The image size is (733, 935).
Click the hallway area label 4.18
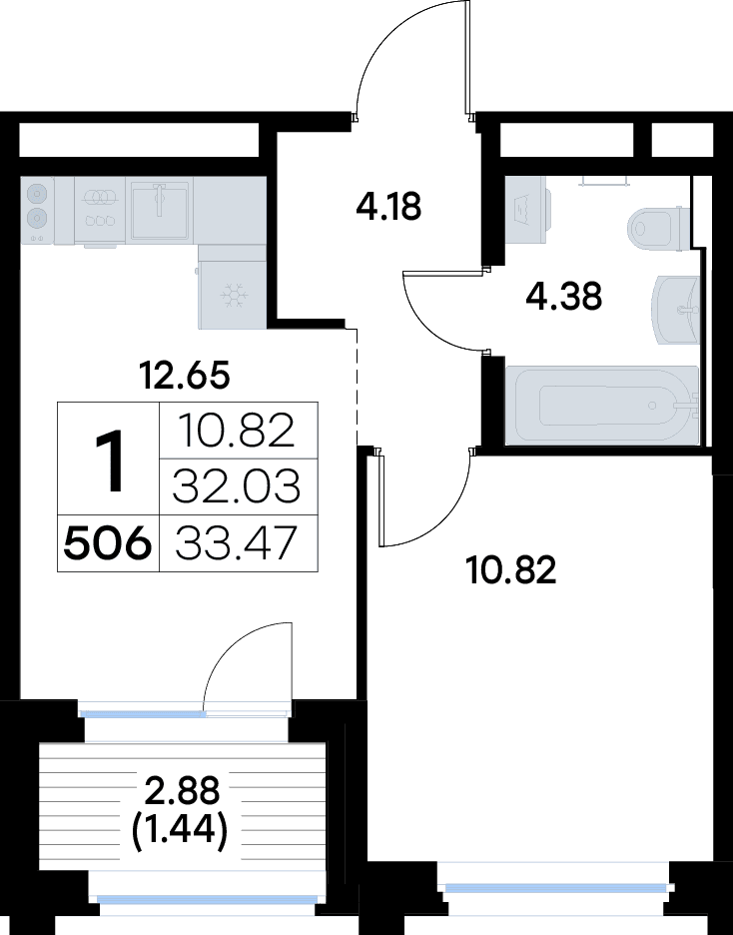coord(389,208)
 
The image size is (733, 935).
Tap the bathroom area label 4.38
coord(565,297)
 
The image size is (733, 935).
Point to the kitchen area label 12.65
coord(185,377)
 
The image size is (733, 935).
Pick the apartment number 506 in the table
coord(108,544)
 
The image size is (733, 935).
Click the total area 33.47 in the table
coord(236,544)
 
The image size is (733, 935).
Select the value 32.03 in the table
coord(237,487)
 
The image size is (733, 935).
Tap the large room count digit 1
coord(109,459)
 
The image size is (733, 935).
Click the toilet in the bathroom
coord(658,227)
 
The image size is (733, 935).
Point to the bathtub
coord(601,405)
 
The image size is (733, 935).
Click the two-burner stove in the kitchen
coord(37,209)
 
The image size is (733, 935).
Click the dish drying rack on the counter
coord(99,209)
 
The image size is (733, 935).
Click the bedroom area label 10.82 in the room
coord(511,571)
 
